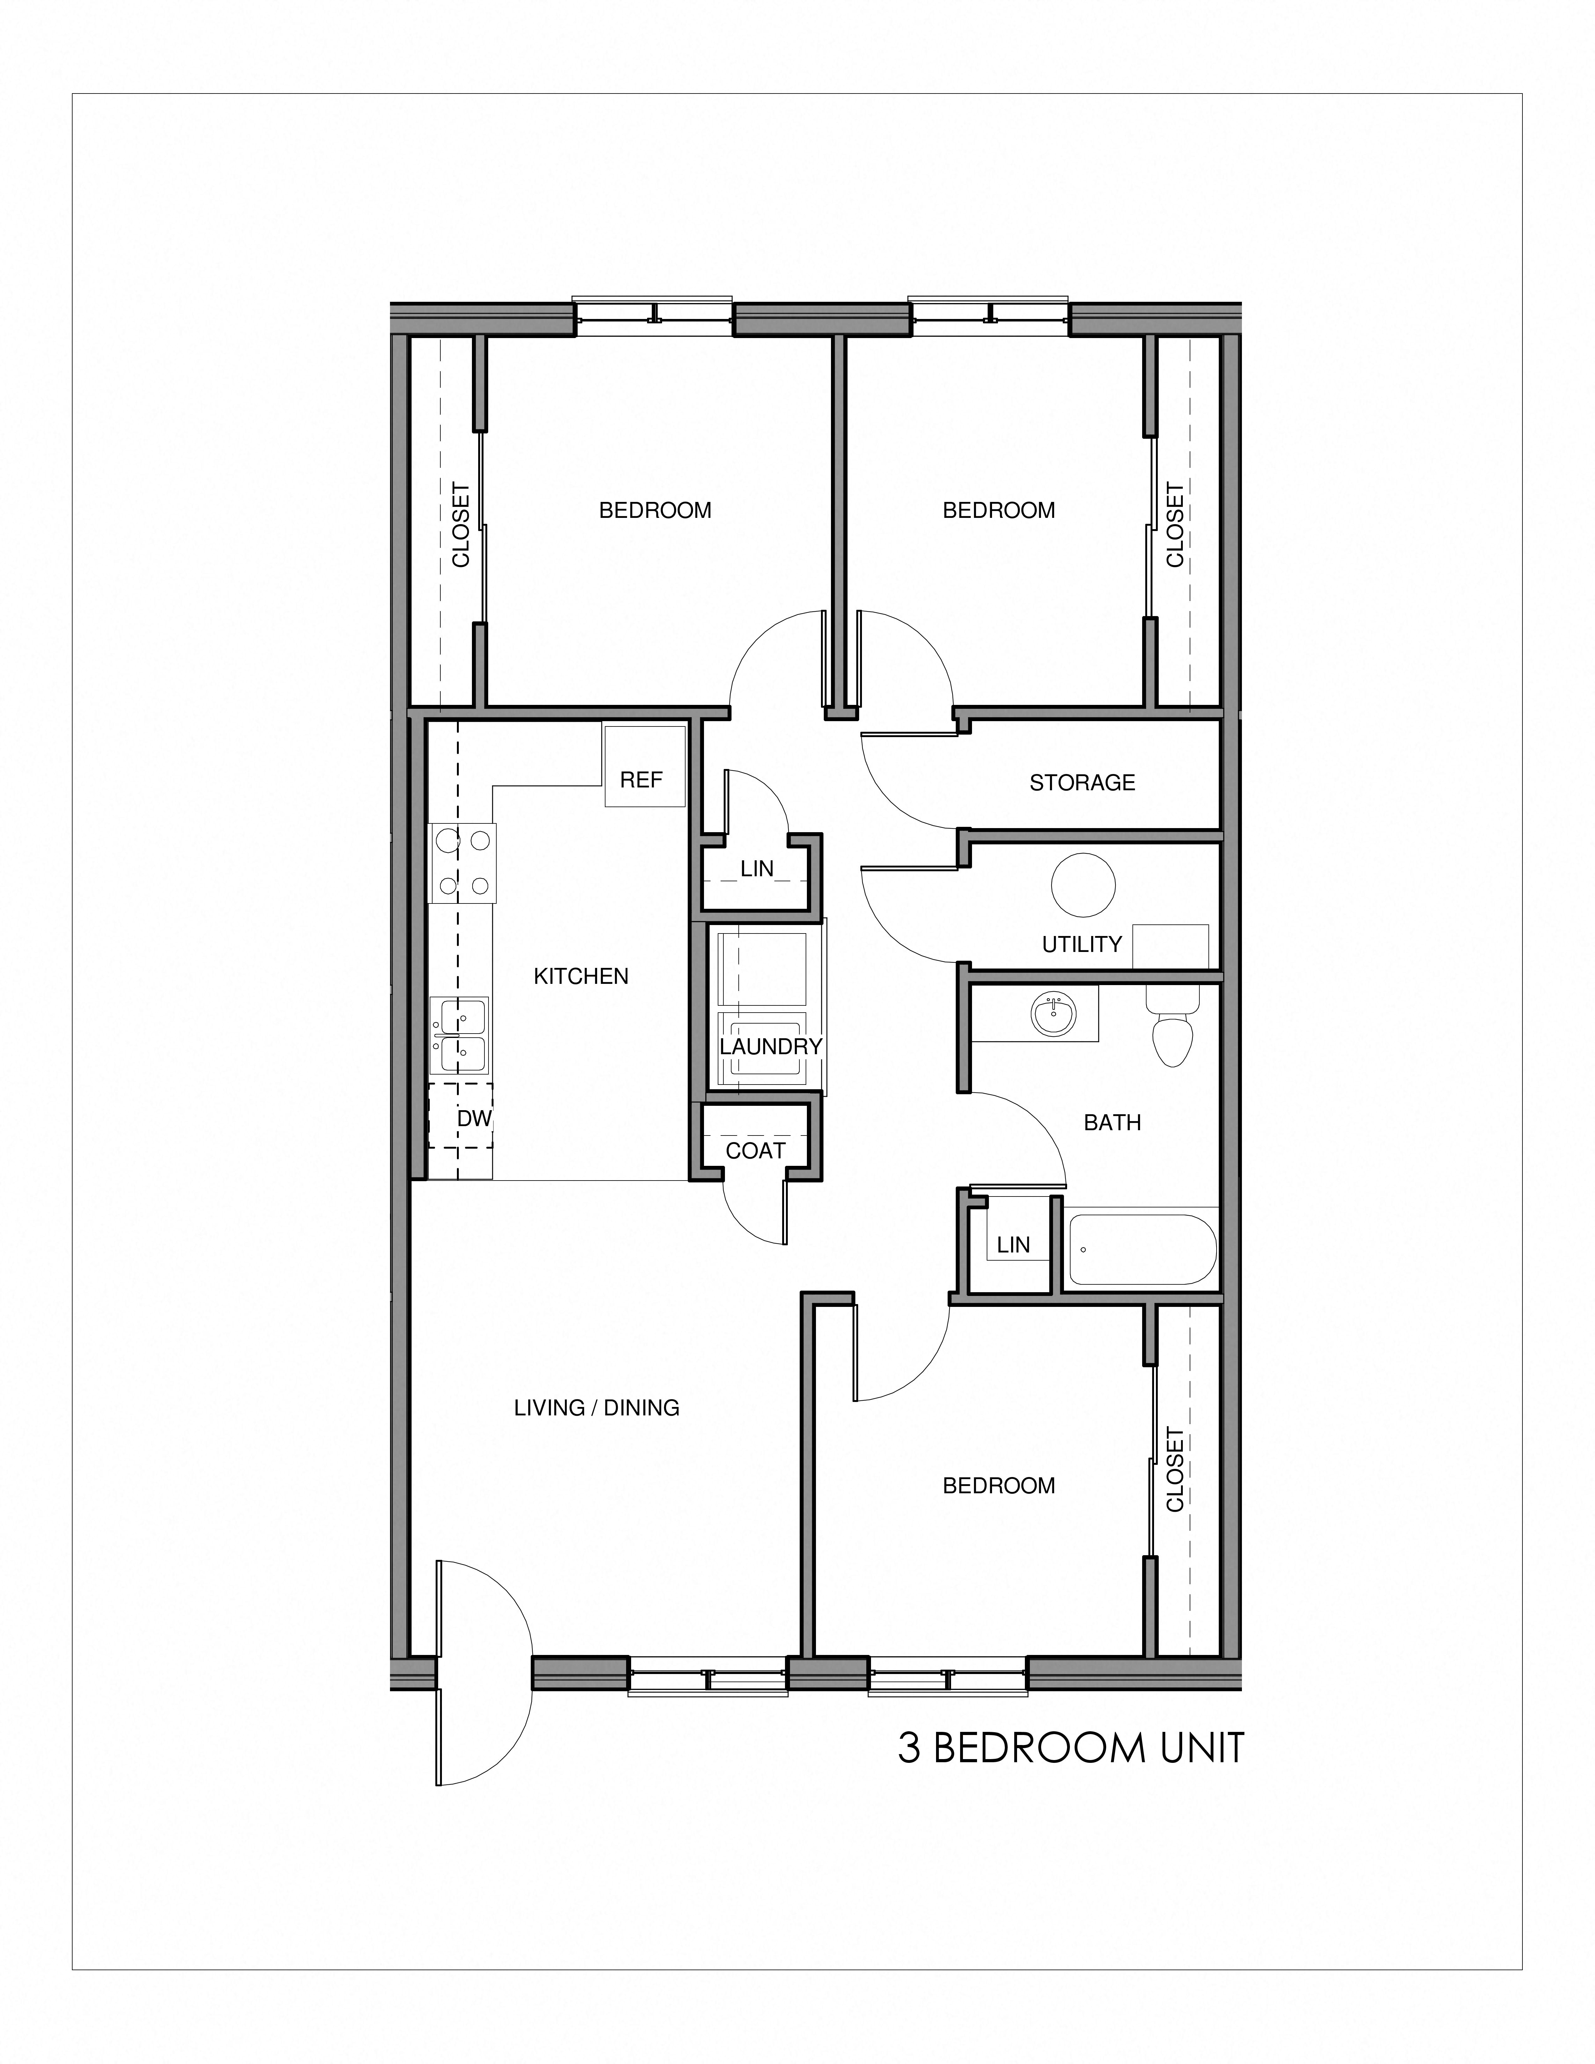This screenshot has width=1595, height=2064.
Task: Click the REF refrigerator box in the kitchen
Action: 645,766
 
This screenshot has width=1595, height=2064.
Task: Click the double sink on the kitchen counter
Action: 459,1035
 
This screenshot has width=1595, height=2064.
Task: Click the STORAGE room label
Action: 1082,782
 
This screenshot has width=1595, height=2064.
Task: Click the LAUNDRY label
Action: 770,1046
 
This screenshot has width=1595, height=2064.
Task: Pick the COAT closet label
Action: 755,1150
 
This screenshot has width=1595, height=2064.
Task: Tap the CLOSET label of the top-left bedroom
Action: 461,525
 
